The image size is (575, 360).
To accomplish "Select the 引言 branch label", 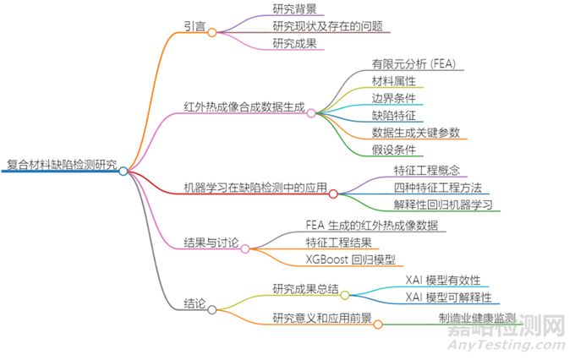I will (x=194, y=26).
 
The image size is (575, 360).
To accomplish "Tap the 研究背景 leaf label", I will (x=295, y=9).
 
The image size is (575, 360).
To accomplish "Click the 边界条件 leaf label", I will (x=393, y=98).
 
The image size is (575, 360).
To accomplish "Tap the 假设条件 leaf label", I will (x=393, y=150).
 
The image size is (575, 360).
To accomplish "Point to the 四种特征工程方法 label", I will (x=437, y=187).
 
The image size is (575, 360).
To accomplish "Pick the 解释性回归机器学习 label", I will (x=443, y=205).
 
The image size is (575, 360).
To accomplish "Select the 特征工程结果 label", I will (x=338, y=243).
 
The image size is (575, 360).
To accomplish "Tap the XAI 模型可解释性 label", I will (x=448, y=297).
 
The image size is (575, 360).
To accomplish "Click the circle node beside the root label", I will (x=123, y=171).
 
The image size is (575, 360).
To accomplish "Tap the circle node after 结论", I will (x=211, y=309).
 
